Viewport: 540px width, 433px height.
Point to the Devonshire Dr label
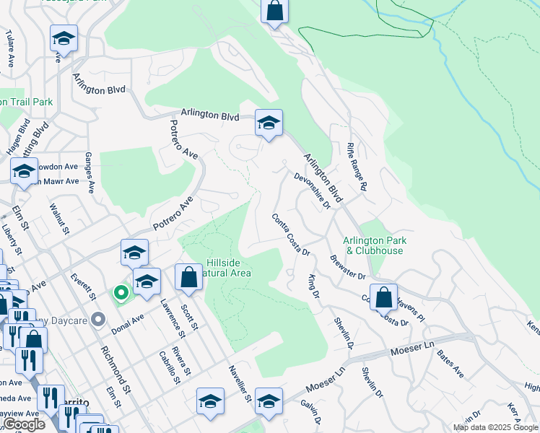click(312, 191)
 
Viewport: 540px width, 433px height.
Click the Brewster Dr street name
click(348, 267)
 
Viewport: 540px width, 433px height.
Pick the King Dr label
click(313, 285)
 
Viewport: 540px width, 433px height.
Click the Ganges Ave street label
click(90, 172)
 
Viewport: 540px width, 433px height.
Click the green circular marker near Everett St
click(121, 292)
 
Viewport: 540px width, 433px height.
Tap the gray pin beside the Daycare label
click(100, 319)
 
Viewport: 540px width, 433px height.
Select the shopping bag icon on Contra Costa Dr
click(384, 297)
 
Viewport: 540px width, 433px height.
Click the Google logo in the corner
click(23, 424)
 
